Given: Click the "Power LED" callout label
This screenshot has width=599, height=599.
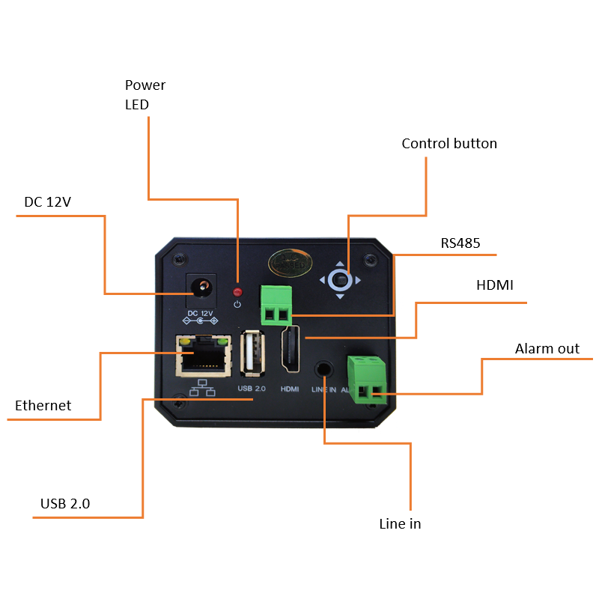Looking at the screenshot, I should (x=145, y=94).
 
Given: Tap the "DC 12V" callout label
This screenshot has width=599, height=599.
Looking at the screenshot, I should (x=47, y=202).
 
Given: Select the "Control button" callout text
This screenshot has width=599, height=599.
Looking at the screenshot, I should (x=449, y=144).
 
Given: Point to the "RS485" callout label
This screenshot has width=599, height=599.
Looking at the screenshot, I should (x=460, y=243).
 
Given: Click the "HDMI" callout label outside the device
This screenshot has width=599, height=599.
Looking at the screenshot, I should (x=494, y=285).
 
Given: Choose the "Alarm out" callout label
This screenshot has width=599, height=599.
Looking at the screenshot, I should (x=547, y=349).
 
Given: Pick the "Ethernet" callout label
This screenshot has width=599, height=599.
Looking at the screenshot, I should (x=43, y=406).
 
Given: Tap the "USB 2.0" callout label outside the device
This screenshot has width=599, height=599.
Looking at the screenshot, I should (x=65, y=504).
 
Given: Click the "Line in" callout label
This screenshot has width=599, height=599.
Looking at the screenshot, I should (x=400, y=524).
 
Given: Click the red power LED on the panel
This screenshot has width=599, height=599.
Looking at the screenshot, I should (x=237, y=291).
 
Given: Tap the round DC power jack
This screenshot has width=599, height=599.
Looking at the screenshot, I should (x=201, y=286).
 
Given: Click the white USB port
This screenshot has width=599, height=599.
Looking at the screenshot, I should (x=252, y=352).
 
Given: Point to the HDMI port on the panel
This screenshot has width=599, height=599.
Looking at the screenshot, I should (x=289, y=350).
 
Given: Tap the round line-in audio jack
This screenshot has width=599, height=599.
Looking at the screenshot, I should (x=324, y=368).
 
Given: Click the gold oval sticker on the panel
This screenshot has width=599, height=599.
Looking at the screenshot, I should (x=289, y=261).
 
